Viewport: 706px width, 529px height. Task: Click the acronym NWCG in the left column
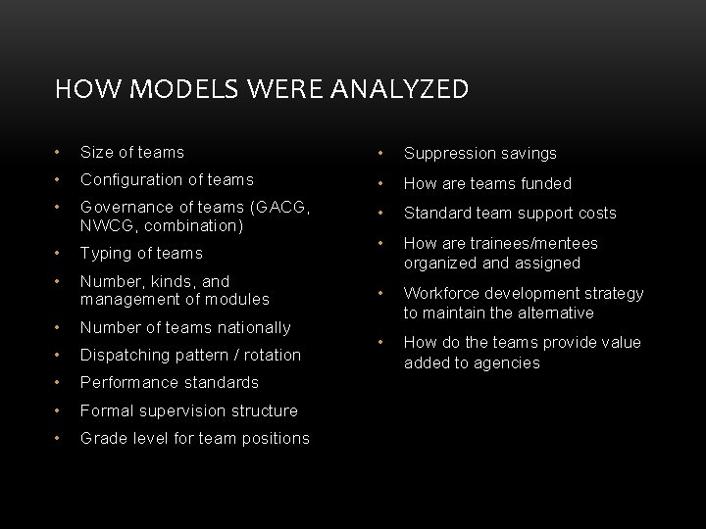click(x=108, y=225)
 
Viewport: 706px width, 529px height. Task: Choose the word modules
click(x=237, y=300)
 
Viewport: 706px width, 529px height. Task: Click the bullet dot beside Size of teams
click(x=60, y=152)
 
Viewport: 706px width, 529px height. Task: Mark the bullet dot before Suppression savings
click(x=382, y=154)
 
